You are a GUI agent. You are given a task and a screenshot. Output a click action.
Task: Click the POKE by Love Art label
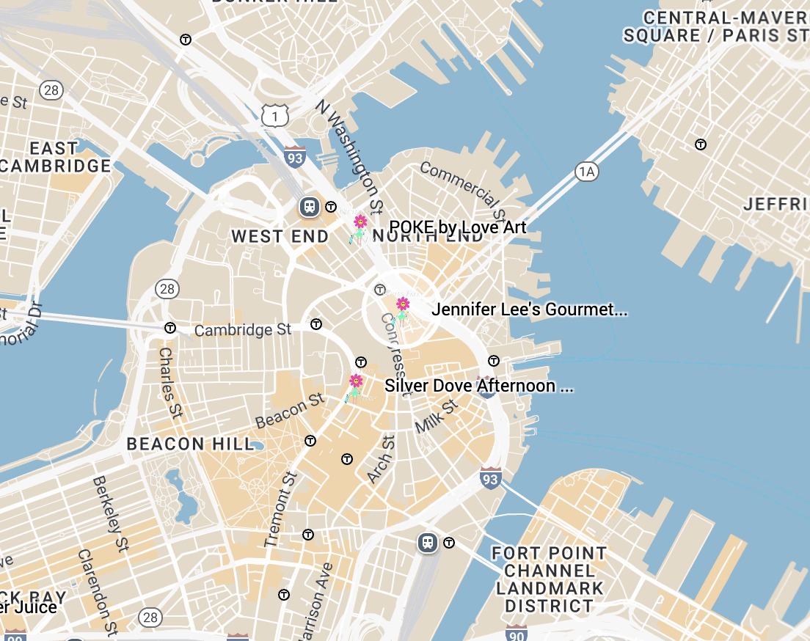[x=457, y=227]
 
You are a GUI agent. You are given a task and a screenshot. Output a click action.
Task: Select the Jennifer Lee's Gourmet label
[x=529, y=309]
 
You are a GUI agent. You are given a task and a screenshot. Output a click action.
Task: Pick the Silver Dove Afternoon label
[x=478, y=386]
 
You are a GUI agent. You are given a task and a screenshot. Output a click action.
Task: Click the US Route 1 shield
[x=274, y=114]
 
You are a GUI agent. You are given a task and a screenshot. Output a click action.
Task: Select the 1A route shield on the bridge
[x=585, y=172]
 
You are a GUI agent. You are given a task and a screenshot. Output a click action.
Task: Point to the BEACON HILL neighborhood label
[x=190, y=444]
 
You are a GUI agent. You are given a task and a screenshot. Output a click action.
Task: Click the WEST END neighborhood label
[x=280, y=236]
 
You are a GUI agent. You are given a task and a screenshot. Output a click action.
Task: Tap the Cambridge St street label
[x=243, y=330]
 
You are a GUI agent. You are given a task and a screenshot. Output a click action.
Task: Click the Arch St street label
[x=381, y=459]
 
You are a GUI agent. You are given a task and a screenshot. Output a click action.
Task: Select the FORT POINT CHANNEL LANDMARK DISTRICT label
[x=550, y=579]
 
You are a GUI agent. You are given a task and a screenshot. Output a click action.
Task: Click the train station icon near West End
[x=309, y=207]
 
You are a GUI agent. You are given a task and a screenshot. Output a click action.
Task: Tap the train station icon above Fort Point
[x=428, y=543]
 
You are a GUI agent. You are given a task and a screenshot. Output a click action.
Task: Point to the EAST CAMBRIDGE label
[x=55, y=157]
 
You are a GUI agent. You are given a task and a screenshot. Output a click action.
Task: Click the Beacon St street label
[x=290, y=411]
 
